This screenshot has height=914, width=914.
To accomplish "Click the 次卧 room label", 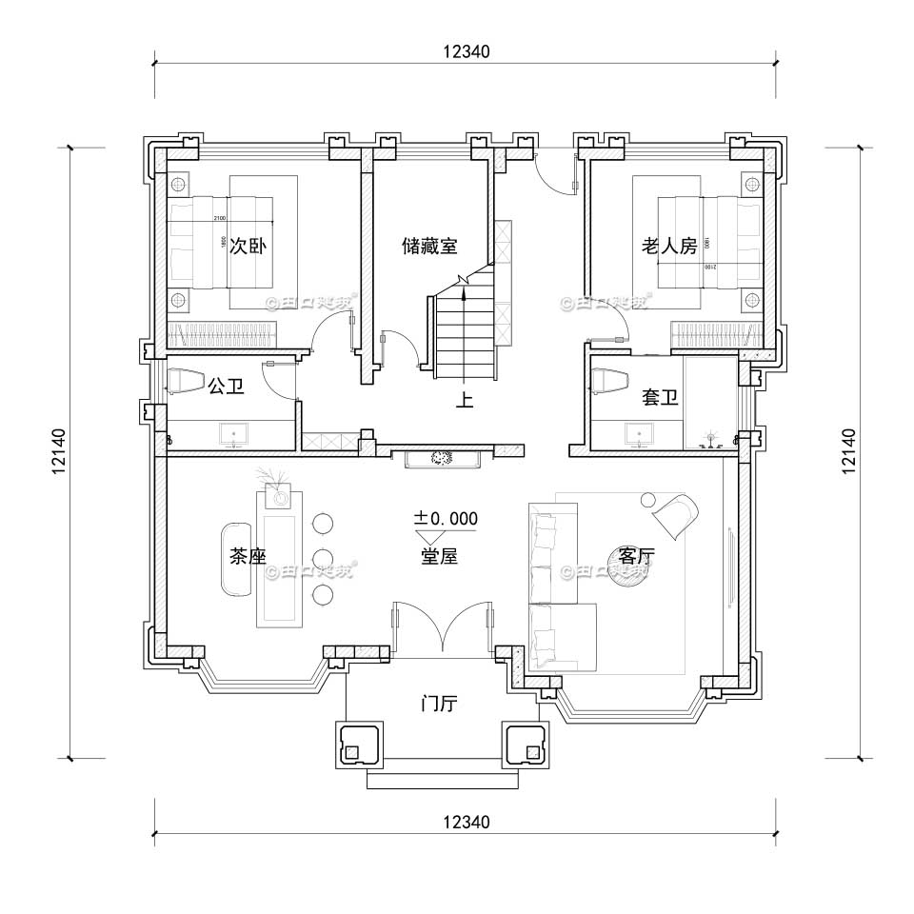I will (x=248, y=246).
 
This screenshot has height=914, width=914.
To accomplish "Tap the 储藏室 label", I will (x=429, y=246).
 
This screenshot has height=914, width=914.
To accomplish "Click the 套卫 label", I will (x=660, y=398).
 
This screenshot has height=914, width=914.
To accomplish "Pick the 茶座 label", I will (x=248, y=556).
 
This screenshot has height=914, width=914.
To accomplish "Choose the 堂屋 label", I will (x=439, y=556).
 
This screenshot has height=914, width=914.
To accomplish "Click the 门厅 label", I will (x=439, y=705).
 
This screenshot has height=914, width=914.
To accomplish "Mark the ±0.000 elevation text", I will (x=445, y=519).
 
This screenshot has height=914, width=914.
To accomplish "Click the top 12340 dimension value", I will (x=466, y=52).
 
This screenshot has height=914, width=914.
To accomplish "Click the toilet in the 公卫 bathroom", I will (x=182, y=380).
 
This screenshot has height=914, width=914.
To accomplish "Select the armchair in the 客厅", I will (x=674, y=513).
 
